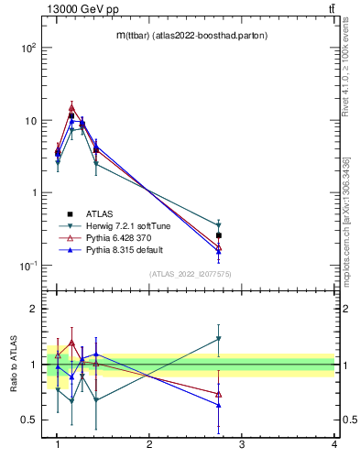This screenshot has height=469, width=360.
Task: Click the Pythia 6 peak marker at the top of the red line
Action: [71, 107]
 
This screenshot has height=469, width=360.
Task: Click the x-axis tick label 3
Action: [242, 444]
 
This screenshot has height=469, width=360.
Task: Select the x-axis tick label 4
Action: [333, 444]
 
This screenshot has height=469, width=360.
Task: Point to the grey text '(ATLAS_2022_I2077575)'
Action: [191, 273]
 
